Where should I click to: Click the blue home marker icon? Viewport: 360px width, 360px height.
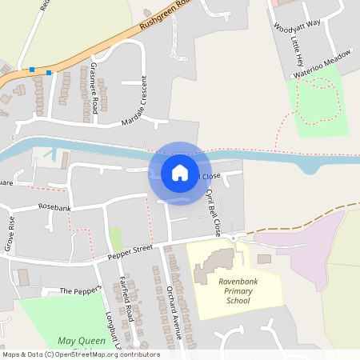180,173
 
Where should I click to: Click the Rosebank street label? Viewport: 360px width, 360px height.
54,208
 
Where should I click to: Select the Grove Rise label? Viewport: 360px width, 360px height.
10,234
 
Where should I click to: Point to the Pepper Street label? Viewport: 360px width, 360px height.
130,251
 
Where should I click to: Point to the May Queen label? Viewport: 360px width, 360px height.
82,342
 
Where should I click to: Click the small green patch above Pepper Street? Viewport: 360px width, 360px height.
116,238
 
